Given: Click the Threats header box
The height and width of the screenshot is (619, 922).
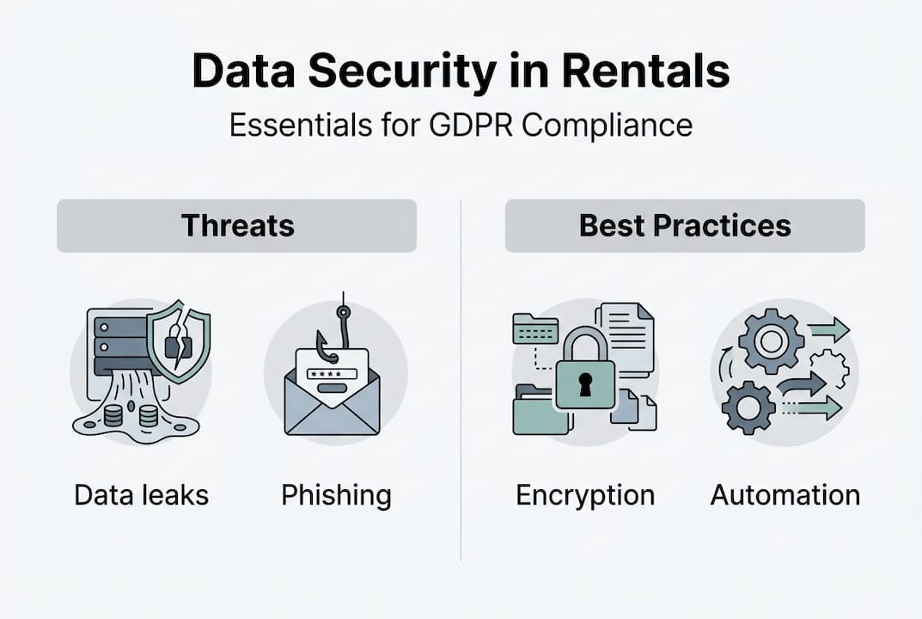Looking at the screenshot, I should (x=236, y=225).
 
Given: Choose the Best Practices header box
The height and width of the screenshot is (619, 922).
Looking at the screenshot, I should (x=685, y=225).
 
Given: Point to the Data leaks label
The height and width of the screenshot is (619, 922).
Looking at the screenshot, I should (x=141, y=495).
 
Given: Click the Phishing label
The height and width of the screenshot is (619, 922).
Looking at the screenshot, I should (x=336, y=495).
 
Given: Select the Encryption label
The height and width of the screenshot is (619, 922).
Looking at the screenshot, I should (x=585, y=495).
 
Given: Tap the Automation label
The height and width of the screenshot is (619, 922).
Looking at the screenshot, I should (x=785, y=495).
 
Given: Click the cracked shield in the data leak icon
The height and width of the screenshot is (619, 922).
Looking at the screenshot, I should (x=179, y=340).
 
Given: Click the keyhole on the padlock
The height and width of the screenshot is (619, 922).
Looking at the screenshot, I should (x=585, y=386).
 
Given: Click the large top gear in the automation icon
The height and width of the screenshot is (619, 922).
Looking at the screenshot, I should (x=771, y=340).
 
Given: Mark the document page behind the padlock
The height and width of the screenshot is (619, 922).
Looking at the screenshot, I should (x=627, y=335).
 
